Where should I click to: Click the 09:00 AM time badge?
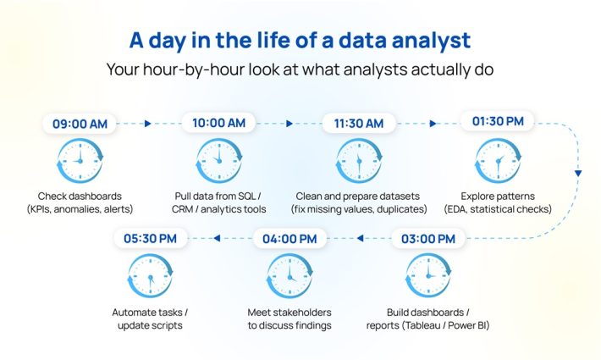pos(80,124)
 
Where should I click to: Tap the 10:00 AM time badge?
pos(218,123)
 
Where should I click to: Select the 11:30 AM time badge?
pos(358,123)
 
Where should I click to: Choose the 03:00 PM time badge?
pos(429,239)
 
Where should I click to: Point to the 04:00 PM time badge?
pos(289,239)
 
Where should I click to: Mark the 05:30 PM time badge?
pos(150,239)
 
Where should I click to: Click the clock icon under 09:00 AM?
pos(80,161)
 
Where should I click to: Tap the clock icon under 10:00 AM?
pos(218,161)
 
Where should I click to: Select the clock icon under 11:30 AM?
pos(358,161)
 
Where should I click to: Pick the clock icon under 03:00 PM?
pos(429,276)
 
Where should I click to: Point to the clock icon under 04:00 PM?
pos(289,276)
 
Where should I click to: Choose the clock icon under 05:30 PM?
pos(150,276)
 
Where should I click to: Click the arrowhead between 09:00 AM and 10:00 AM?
pos(148,124)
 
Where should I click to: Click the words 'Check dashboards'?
pos(80,196)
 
